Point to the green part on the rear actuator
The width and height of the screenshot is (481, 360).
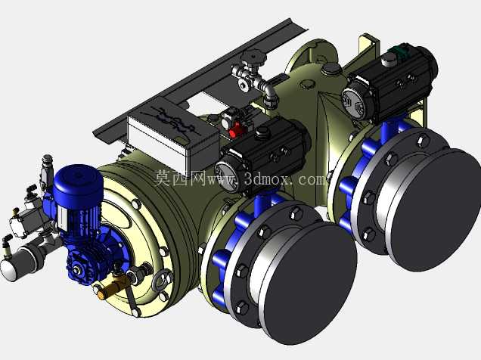398,50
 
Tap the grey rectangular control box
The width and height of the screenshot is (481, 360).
173,135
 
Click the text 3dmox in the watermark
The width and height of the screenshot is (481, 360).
268,178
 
